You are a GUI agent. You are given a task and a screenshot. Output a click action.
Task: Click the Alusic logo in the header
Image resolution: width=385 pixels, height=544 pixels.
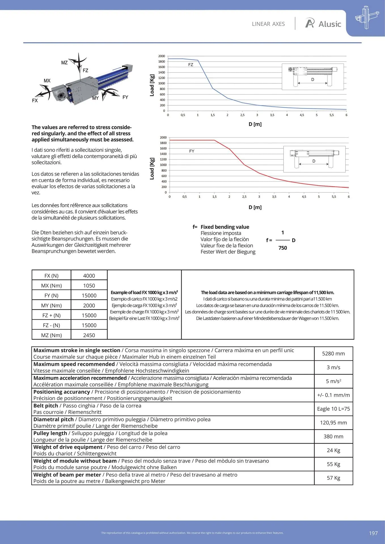(323, 24)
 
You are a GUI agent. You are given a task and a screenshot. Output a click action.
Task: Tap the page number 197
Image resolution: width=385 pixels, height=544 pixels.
(373, 533)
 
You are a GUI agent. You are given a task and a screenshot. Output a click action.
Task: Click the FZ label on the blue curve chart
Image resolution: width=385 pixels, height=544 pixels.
(191, 65)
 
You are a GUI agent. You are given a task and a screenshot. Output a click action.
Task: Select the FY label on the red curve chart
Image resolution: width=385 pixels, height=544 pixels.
(192, 151)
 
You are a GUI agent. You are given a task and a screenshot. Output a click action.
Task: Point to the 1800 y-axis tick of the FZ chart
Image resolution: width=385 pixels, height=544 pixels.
(162, 61)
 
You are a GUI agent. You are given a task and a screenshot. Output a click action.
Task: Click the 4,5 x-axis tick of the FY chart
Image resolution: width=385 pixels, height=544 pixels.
(304, 197)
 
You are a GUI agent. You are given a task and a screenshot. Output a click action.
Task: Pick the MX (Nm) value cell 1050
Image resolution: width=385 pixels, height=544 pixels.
(89, 286)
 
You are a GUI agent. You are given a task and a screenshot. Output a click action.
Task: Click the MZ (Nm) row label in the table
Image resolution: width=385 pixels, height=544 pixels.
(51, 335)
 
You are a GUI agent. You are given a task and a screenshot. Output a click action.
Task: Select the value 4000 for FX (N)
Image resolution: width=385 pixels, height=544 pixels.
(89, 276)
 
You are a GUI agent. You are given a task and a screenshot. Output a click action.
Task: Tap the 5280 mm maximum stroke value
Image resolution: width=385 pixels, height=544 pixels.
(333, 354)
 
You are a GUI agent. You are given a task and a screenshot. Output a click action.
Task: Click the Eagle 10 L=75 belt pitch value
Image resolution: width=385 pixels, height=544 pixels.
(333, 409)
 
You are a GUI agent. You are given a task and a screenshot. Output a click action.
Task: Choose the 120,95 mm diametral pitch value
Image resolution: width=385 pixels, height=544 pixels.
(333, 423)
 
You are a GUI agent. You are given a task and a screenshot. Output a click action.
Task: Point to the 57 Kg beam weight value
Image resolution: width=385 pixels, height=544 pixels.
(333, 478)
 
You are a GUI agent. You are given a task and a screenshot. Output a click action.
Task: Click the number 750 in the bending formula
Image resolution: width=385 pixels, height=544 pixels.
(283, 248)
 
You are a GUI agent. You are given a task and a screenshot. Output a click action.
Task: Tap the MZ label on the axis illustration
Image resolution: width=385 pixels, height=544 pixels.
(64, 63)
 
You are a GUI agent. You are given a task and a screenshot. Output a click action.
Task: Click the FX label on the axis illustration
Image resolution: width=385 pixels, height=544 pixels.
(35, 101)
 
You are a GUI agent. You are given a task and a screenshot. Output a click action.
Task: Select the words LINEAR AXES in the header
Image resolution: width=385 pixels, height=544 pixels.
(268, 24)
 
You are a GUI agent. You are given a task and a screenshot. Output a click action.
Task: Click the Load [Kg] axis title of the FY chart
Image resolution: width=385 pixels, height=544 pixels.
(152, 169)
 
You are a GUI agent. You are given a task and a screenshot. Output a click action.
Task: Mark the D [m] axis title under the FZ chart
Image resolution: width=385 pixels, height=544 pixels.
(255, 124)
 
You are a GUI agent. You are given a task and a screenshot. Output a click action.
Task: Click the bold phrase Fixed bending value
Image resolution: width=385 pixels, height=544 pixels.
(225, 227)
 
